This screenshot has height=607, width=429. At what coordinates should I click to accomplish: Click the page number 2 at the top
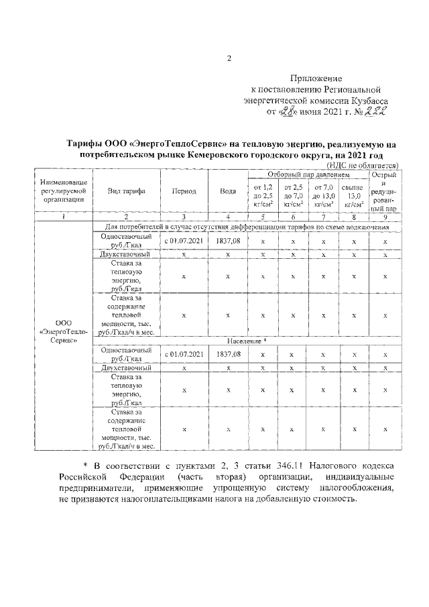(x=229, y=58)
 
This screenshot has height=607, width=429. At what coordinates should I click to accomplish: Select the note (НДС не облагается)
(x=362, y=165)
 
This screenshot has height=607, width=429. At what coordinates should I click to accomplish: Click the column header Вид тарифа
(x=127, y=190)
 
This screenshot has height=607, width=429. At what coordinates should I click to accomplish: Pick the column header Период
(x=184, y=190)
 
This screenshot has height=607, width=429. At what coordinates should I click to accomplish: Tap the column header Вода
(x=228, y=190)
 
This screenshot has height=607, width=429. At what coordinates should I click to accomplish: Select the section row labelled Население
(x=246, y=341)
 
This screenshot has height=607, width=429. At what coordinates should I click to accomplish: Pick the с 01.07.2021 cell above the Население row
(x=184, y=240)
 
